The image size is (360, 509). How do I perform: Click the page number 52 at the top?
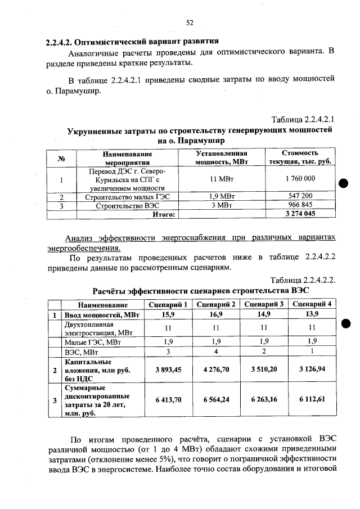[x=190, y=22]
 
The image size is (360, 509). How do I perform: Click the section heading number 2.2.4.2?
[x=59, y=42]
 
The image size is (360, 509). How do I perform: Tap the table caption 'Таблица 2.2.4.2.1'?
[x=303, y=120]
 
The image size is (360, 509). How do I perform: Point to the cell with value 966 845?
[x=300, y=206]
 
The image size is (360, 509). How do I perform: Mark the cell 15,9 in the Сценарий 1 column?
[x=168, y=314]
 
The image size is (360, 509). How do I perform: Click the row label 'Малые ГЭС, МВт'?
[x=92, y=341]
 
